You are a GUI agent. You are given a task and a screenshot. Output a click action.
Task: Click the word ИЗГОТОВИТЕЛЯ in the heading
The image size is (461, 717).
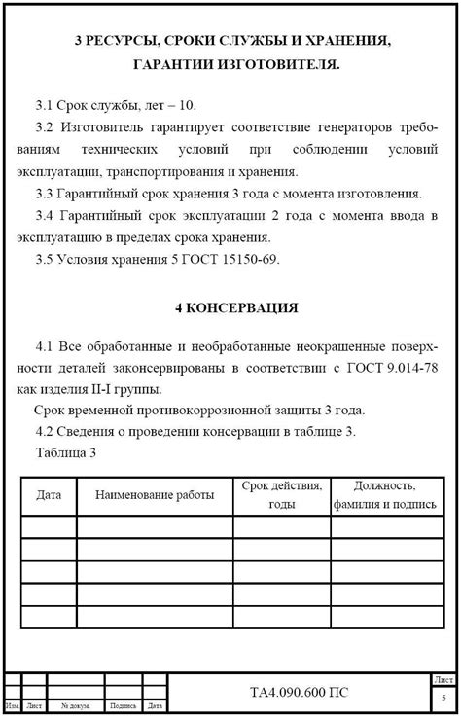tap(277, 66)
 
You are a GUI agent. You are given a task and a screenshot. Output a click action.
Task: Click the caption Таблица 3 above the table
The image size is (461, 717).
tap(66, 452)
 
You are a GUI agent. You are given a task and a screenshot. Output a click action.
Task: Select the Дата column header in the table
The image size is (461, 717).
tap(49, 495)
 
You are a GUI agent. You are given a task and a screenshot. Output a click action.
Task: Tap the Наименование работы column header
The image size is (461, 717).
tap(155, 495)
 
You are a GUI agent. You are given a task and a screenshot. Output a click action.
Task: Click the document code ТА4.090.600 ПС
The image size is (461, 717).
tap(300, 693)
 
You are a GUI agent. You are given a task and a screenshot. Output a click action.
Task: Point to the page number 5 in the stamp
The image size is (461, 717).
tap(443, 699)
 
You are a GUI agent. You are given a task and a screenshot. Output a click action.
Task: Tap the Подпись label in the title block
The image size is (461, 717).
tap(124, 706)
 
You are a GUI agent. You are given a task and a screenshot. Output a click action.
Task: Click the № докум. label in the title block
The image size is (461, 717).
tap(76, 706)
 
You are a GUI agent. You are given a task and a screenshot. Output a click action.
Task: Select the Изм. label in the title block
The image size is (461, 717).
tap(13, 706)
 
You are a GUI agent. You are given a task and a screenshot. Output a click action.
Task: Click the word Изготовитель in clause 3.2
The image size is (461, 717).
tap(102, 126)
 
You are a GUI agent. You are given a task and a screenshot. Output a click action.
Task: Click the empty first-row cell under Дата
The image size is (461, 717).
tap(49, 527)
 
